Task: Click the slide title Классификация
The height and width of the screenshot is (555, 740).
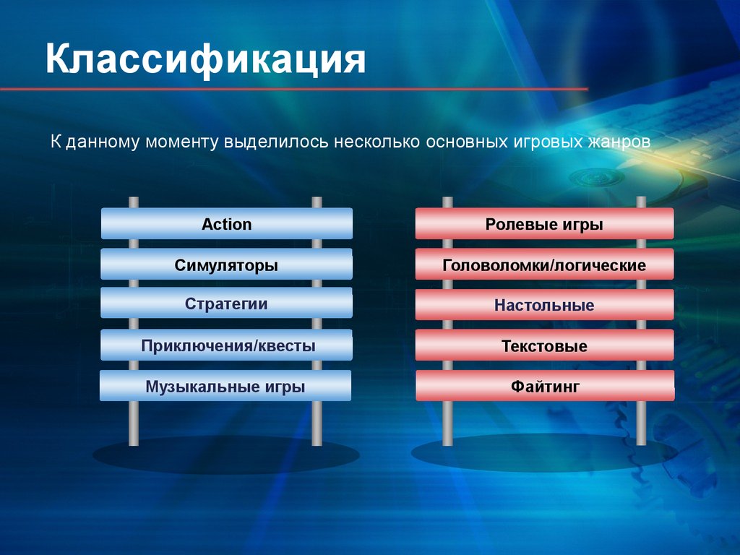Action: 205,60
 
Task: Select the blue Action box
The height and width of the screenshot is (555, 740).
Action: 226,223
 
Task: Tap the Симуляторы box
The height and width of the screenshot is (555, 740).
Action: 226,264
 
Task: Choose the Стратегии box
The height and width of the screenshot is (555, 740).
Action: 226,303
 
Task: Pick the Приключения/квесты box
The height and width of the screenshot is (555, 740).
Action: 226,345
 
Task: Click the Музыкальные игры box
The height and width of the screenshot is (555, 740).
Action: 225,386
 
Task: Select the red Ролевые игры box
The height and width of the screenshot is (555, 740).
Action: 545,223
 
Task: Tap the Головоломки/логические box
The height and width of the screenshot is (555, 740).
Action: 545,264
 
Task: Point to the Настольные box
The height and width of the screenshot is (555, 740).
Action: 545,304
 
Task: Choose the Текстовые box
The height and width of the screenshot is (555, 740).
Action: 545,345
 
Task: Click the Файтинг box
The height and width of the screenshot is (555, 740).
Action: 545,386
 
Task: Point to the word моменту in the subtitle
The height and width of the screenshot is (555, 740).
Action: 181,142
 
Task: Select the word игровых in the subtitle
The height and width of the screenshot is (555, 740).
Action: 544,142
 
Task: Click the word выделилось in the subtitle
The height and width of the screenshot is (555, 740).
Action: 276,142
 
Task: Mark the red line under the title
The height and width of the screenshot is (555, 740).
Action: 294,89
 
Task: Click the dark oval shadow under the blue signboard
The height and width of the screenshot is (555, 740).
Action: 226,455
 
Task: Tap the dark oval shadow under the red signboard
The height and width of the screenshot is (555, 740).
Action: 545,453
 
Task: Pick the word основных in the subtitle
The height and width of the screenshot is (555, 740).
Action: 463,142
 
